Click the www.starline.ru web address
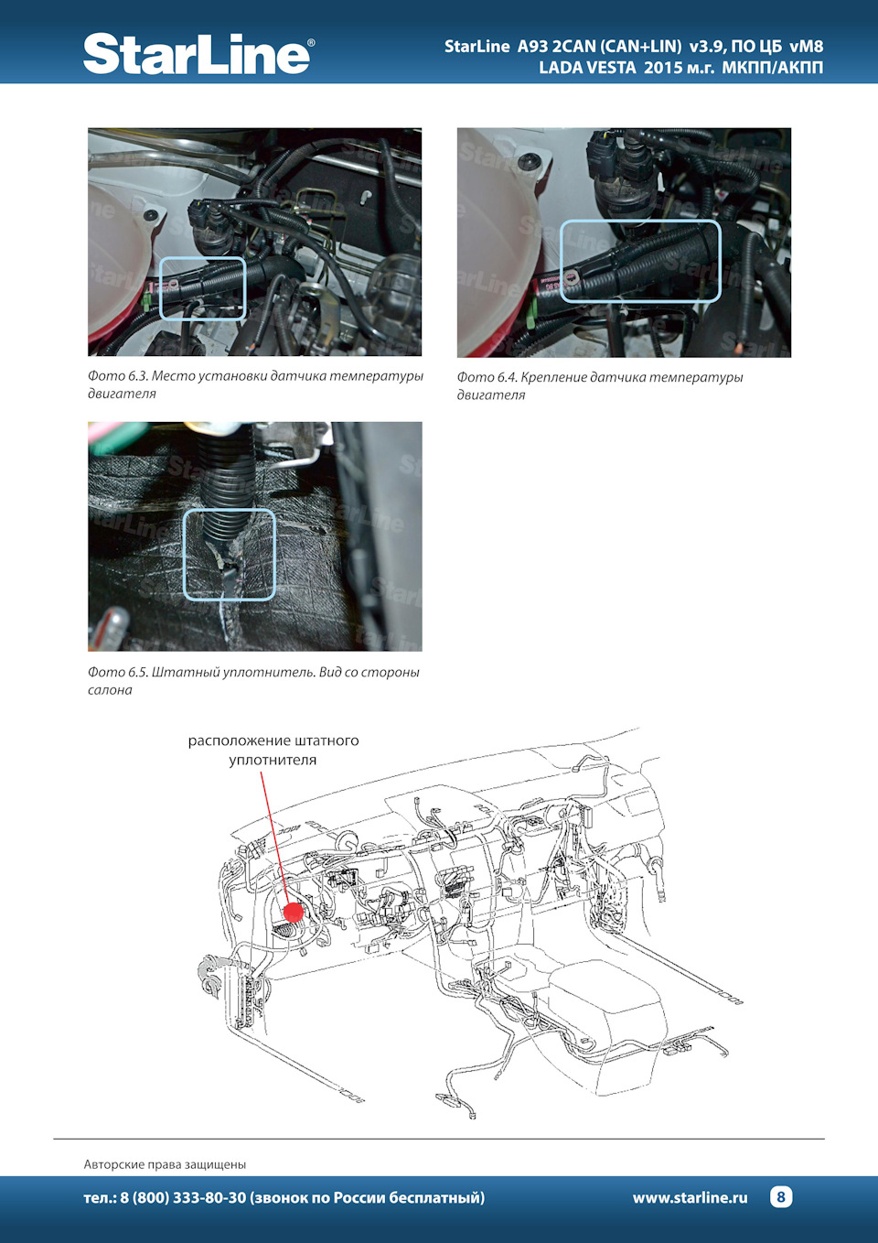point(690,1197)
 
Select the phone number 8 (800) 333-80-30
point(182,1197)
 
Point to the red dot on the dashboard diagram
point(294,912)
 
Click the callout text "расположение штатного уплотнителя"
point(273,750)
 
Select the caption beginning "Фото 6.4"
point(600,385)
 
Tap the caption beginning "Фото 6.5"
point(254,681)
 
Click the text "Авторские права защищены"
point(165,1163)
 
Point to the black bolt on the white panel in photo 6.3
point(150,215)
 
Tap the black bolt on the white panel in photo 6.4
point(526,162)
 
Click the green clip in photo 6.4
point(529,314)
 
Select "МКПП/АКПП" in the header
point(772,68)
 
